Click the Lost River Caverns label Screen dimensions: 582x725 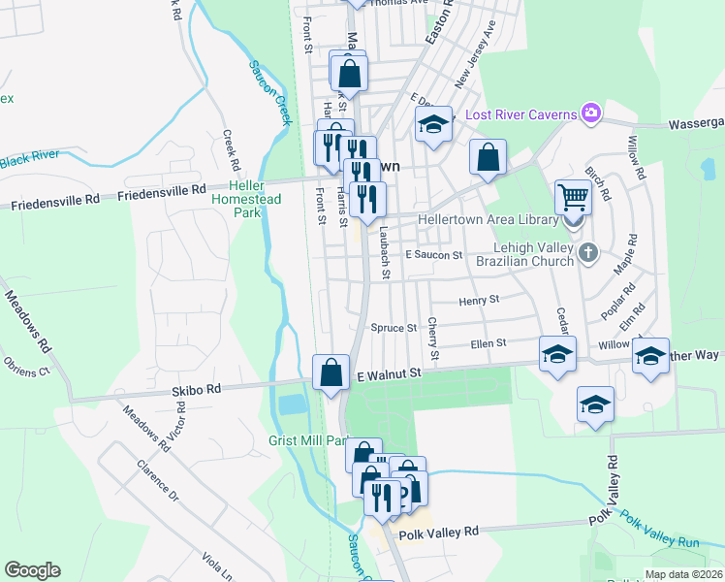(x=521, y=114)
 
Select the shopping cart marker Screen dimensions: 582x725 (x=573, y=198)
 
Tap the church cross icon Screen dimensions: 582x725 (x=587, y=254)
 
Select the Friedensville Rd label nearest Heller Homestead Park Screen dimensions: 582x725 (x=162, y=193)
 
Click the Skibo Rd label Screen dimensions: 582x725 (x=197, y=388)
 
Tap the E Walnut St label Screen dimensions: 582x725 (x=391, y=372)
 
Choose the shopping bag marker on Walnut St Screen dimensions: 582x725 (x=331, y=372)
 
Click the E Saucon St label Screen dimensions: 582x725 (x=433, y=254)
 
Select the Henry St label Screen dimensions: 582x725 (x=479, y=300)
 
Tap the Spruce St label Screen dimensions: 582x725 (x=394, y=328)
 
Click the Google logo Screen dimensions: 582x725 (x=32, y=570)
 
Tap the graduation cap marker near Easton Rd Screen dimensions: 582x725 (x=434, y=124)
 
